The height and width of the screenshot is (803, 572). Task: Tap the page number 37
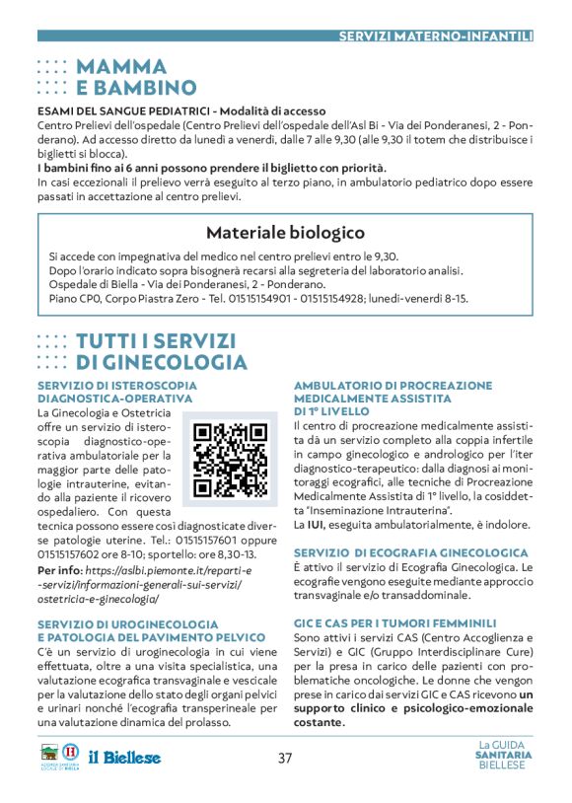tap(285, 759)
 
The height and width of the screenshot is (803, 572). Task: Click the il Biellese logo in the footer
tap(124, 758)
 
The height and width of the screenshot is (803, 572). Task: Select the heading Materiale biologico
tap(285, 233)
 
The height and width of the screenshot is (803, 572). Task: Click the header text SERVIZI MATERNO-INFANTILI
tap(435, 36)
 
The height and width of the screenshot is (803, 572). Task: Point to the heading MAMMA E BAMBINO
tap(135, 77)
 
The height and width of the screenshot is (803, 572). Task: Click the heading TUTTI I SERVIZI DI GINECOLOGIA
tap(161, 351)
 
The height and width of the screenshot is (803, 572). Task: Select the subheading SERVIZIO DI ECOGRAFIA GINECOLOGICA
tap(410, 553)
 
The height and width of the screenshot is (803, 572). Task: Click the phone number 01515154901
tap(302, 297)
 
